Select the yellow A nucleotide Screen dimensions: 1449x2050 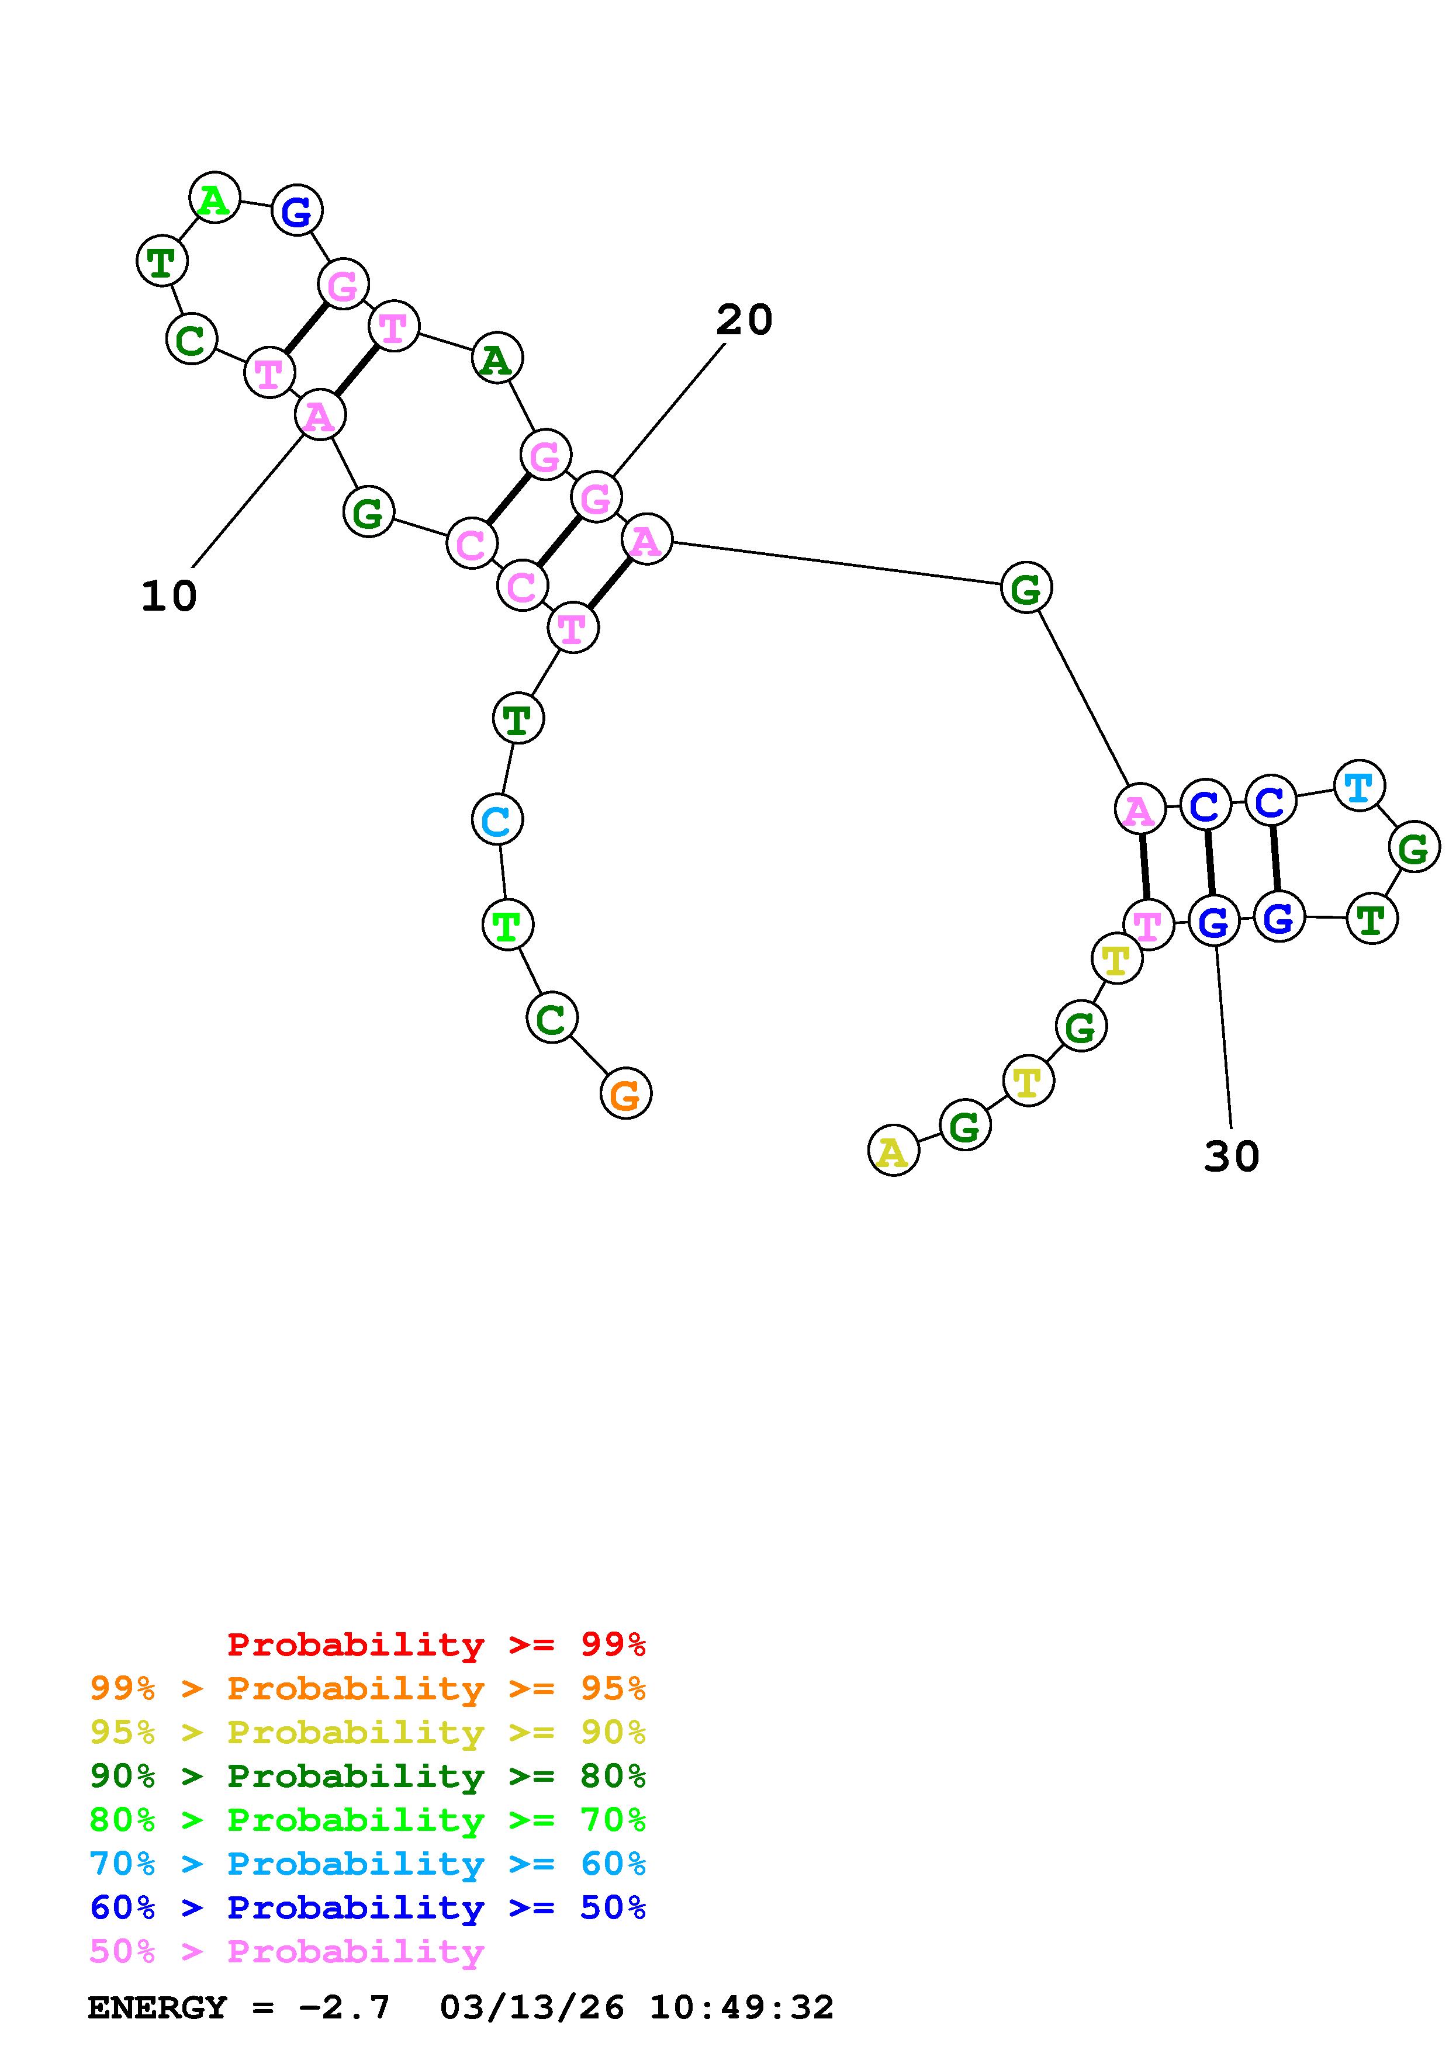point(892,1152)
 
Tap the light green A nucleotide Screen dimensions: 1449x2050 point(215,198)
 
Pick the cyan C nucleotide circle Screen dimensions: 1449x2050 point(496,820)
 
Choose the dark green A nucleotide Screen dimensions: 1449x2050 point(496,359)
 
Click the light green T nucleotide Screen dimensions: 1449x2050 point(507,925)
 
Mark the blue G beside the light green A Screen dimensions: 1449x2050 point(296,211)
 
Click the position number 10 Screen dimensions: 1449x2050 point(169,595)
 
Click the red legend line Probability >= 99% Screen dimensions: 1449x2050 point(437,1644)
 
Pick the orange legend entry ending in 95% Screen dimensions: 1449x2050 point(368,1688)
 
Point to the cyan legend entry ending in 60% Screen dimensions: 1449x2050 point(368,1864)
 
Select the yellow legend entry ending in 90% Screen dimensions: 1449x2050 point(368,1732)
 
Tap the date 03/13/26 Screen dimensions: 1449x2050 point(532,2007)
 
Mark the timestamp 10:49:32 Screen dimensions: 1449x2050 point(741,2007)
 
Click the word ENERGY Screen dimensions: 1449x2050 point(157,2007)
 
